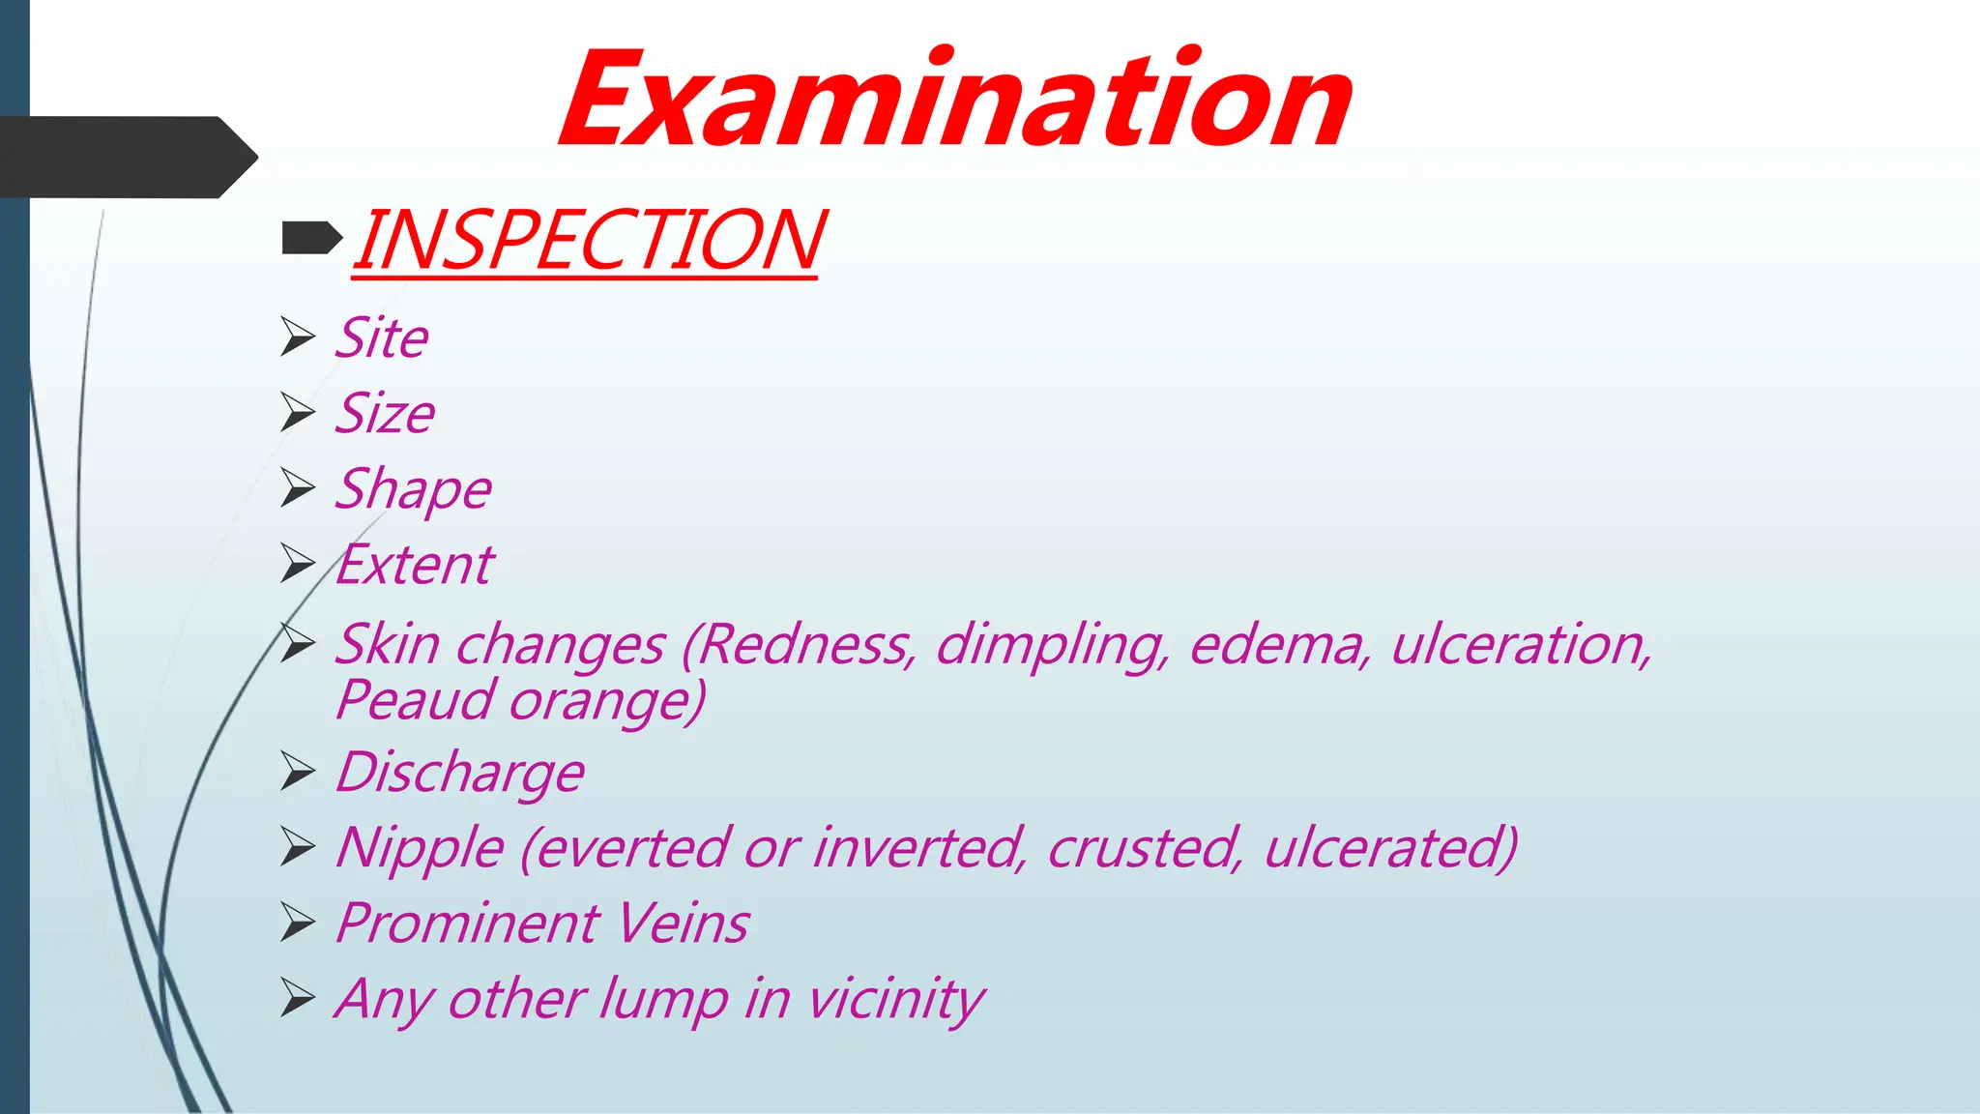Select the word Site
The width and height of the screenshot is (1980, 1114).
coord(382,338)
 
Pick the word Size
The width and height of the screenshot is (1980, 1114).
coord(385,414)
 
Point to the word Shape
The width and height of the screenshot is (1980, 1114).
coord(414,489)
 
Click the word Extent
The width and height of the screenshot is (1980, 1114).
coord(416,565)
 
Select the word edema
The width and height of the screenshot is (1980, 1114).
coord(1279,645)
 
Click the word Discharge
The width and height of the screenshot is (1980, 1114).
coord(460,774)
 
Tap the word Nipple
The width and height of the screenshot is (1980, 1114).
coord(420,849)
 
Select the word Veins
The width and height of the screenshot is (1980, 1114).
coord(684,923)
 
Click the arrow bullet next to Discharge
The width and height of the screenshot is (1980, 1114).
coord(298,772)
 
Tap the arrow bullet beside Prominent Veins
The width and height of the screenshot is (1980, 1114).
coord(298,923)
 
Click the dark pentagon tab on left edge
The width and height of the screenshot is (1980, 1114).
coord(126,158)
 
